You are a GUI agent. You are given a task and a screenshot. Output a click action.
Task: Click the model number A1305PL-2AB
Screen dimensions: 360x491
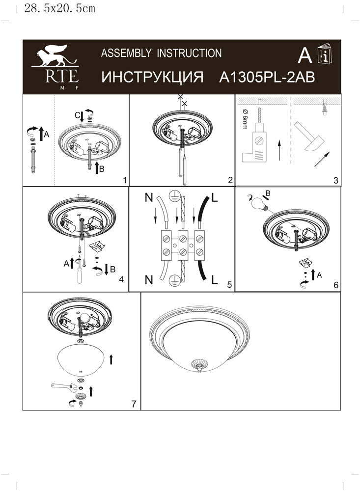[267, 77]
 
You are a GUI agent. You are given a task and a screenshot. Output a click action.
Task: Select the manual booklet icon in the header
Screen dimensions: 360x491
[325, 54]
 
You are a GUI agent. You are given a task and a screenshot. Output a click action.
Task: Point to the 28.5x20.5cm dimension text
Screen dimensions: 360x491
[59, 8]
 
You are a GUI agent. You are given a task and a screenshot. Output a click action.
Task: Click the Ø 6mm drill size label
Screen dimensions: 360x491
[245, 119]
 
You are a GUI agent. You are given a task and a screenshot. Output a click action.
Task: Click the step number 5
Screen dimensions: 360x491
[229, 284]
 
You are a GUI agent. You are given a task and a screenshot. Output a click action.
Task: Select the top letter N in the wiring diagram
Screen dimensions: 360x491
[149, 197]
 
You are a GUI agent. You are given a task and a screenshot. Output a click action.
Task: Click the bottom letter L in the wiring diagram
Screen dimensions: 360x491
[215, 279]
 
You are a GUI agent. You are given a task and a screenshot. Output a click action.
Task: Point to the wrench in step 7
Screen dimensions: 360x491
[64, 387]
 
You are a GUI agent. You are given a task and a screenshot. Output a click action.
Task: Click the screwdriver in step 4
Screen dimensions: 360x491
[80, 271]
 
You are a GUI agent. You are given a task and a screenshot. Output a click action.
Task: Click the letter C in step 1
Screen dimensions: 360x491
[77, 115]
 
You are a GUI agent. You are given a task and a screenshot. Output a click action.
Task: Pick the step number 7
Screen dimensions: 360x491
[134, 404]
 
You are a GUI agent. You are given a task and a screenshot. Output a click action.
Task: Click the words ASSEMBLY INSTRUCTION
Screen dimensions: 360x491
[161, 53]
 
